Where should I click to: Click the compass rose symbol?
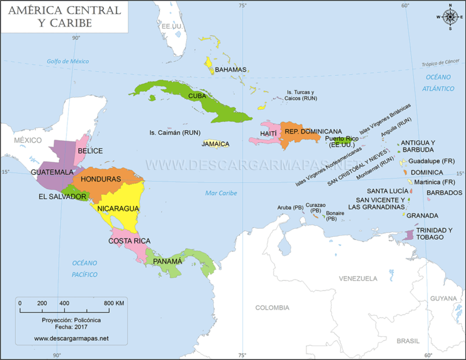click(450, 16)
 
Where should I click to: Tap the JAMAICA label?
click(215, 144)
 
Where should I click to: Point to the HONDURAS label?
click(101, 179)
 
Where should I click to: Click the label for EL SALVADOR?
click(62, 197)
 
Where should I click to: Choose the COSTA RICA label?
click(129, 241)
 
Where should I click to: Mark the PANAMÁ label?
click(167, 261)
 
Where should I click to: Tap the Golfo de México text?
click(68, 61)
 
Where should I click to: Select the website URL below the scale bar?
click(71, 338)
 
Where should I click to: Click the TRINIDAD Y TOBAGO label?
click(434, 234)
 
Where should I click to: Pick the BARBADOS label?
click(444, 193)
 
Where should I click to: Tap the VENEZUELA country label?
click(358, 279)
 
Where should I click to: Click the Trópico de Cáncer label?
click(441, 63)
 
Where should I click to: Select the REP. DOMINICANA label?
click(313, 131)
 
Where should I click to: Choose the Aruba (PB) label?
click(290, 208)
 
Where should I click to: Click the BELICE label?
click(90, 151)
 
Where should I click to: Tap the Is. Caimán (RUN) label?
click(175, 132)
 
